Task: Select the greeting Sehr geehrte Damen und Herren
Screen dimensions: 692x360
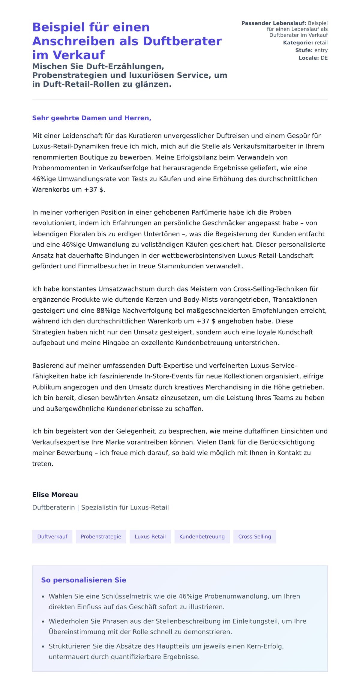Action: pyautogui.click(x=91, y=118)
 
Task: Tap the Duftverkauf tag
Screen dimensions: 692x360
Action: pyautogui.click(x=52, y=536)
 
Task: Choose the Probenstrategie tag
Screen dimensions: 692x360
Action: pyautogui.click(x=101, y=536)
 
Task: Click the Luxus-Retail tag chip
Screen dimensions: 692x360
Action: pyautogui.click(x=150, y=536)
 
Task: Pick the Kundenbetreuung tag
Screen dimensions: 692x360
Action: pyautogui.click(x=202, y=536)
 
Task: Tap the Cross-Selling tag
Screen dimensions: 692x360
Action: pyautogui.click(x=254, y=536)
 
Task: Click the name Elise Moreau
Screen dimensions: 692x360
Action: pyautogui.click(x=55, y=495)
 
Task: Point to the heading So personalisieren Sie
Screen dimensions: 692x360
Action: pyautogui.click(x=83, y=580)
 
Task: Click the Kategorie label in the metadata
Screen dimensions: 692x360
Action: pyautogui.click(x=298, y=43)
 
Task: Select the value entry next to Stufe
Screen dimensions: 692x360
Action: pyautogui.click(x=321, y=50)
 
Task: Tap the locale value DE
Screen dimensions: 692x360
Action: pyautogui.click(x=324, y=58)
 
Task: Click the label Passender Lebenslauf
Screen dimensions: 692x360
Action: pyautogui.click(x=274, y=23)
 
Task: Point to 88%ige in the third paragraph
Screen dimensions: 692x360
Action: pyautogui.click(x=108, y=310)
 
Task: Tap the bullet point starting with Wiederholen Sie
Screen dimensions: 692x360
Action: pyautogui.click(x=177, y=626)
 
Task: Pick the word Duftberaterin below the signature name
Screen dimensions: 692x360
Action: pyautogui.click(x=53, y=507)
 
